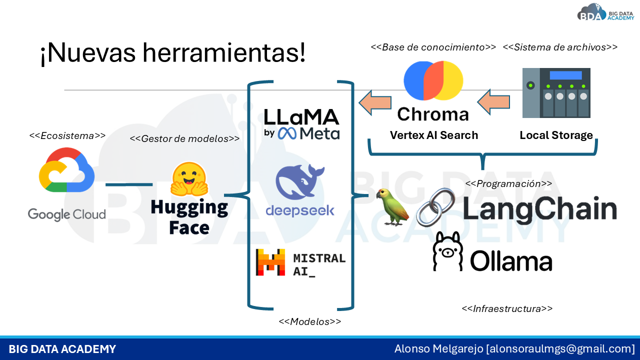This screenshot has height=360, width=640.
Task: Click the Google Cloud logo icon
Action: tap(66, 170)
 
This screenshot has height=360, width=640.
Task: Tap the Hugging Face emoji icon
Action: tap(188, 178)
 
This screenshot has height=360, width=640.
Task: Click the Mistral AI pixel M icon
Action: tap(270, 262)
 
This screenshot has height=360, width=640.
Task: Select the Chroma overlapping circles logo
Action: tap(433, 81)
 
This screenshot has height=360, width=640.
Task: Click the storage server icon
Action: tap(556, 93)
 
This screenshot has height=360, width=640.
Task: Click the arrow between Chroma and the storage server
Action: tap(493, 102)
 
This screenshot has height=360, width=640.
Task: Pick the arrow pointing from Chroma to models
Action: tap(375, 102)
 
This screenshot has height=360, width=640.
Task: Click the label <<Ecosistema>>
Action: tap(67, 135)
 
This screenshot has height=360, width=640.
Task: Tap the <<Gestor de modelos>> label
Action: tap(184, 138)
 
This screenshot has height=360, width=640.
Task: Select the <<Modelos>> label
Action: tap(309, 321)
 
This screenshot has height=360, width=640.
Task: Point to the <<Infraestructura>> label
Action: tap(507, 308)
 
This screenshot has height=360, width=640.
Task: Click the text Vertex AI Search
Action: tap(433, 135)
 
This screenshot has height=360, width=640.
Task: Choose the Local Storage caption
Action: tap(556, 135)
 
